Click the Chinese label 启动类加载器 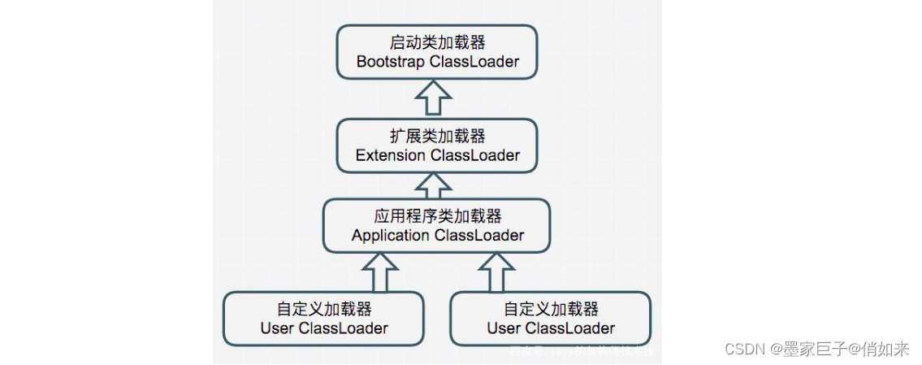coord(437,42)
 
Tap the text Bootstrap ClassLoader coord(437,62)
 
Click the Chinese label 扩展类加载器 coord(437,136)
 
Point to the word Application coord(391,236)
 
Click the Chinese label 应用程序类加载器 coord(437,216)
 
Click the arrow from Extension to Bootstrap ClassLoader coord(432,98)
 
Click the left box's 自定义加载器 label coord(324,309)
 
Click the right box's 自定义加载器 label coord(551,309)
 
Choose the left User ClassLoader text coord(324,328)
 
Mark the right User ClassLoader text coord(551,328)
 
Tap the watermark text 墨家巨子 coord(807,350)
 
